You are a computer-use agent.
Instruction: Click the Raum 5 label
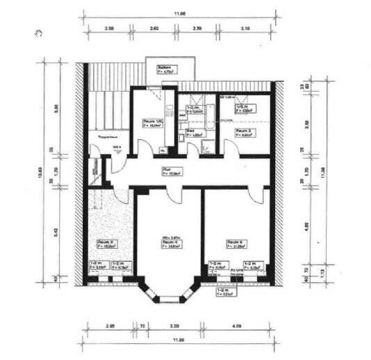click(x=235, y=243)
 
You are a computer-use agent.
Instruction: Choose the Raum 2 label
click(x=243, y=131)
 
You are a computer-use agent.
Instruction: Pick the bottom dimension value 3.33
click(x=176, y=325)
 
